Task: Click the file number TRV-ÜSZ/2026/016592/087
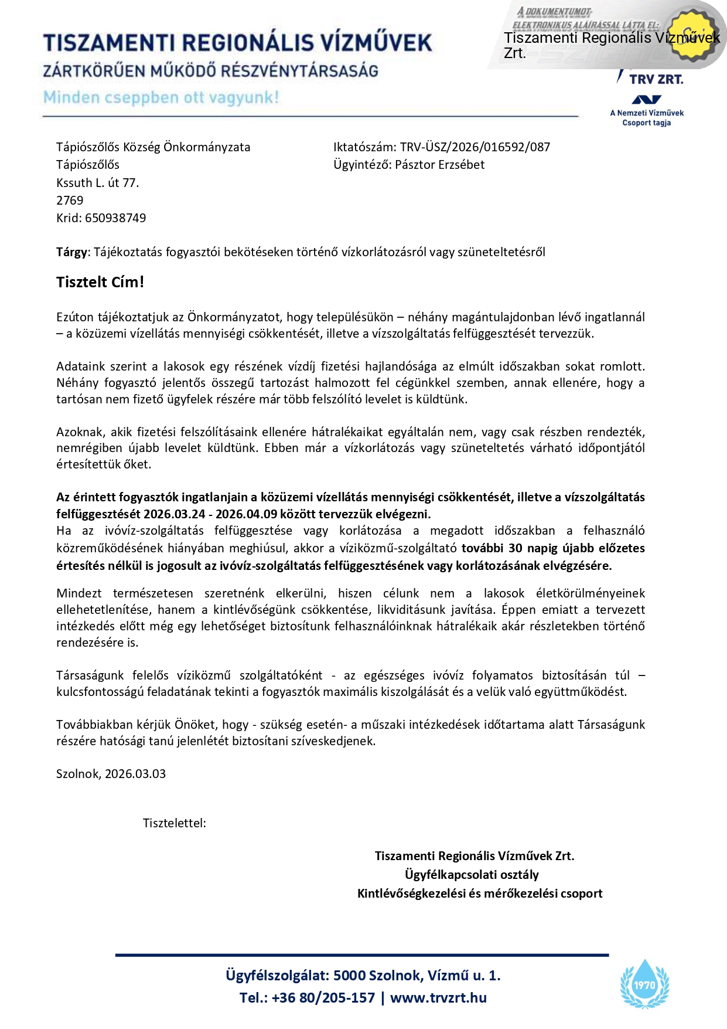pos(475,147)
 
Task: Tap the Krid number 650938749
pos(115,218)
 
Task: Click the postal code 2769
pos(70,201)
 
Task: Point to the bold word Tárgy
pos(71,252)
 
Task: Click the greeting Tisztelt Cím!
pos(100,282)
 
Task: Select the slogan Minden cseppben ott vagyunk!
pos(161,97)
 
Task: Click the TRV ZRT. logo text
pos(656,79)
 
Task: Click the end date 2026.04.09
pos(246,514)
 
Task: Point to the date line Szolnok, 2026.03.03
pos(111,774)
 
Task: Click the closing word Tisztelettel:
pos(174,823)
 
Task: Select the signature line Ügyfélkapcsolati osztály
pos(472,875)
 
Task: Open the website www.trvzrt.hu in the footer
pos(438,998)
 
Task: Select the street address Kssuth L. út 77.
pos(97,183)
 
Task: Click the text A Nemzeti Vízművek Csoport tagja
pos(647,118)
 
